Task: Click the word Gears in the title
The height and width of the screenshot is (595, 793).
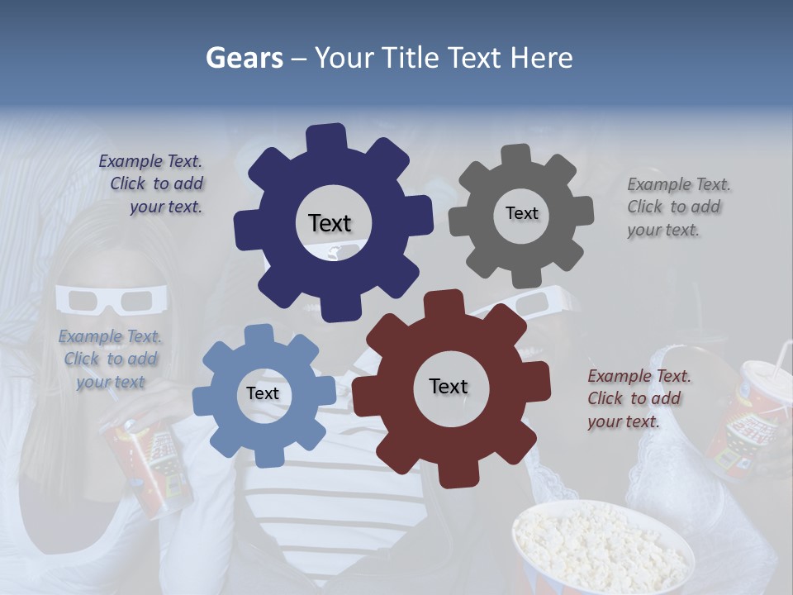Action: [x=244, y=58]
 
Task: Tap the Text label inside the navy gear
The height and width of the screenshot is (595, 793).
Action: [x=330, y=223]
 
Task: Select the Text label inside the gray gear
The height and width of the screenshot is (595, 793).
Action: [x=521, y=213]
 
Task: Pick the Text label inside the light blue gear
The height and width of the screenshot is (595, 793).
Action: [x=263, y=393]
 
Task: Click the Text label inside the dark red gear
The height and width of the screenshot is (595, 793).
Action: [x=449, y=386]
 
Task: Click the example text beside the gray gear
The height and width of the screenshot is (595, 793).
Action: [x=678, y=207]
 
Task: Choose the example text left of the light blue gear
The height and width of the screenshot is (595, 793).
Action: [x=110, y=359]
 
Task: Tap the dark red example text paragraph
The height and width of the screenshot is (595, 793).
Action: [x=638, y=398]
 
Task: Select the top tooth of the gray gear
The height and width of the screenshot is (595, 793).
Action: [x=517, y=155]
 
